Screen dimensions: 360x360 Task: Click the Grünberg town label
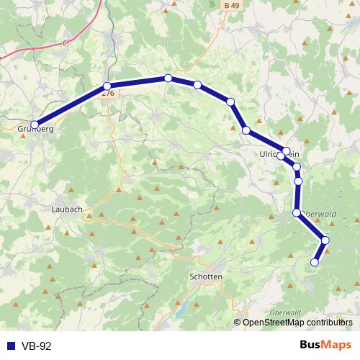pos(35,130)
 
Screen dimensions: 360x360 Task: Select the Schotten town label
pos(204,276)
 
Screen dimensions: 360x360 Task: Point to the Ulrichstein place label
pos(284,155)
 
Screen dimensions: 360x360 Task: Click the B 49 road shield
pos(228,5)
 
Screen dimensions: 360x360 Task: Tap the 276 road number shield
pos(108,94)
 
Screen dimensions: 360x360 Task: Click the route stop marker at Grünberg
pos(35,124)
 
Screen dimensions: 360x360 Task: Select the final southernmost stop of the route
pos(314,263)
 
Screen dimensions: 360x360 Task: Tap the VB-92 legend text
pos(35,346)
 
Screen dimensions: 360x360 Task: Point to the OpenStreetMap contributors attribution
pos(297,322)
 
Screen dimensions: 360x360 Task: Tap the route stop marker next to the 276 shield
pos(107,86)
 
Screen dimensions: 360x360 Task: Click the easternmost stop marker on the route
pos(325,240)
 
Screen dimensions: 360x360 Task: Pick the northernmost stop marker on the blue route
pos(168,78)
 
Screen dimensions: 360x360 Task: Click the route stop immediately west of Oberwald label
pos(297,212)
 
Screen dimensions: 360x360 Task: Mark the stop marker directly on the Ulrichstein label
pos(281,155)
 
